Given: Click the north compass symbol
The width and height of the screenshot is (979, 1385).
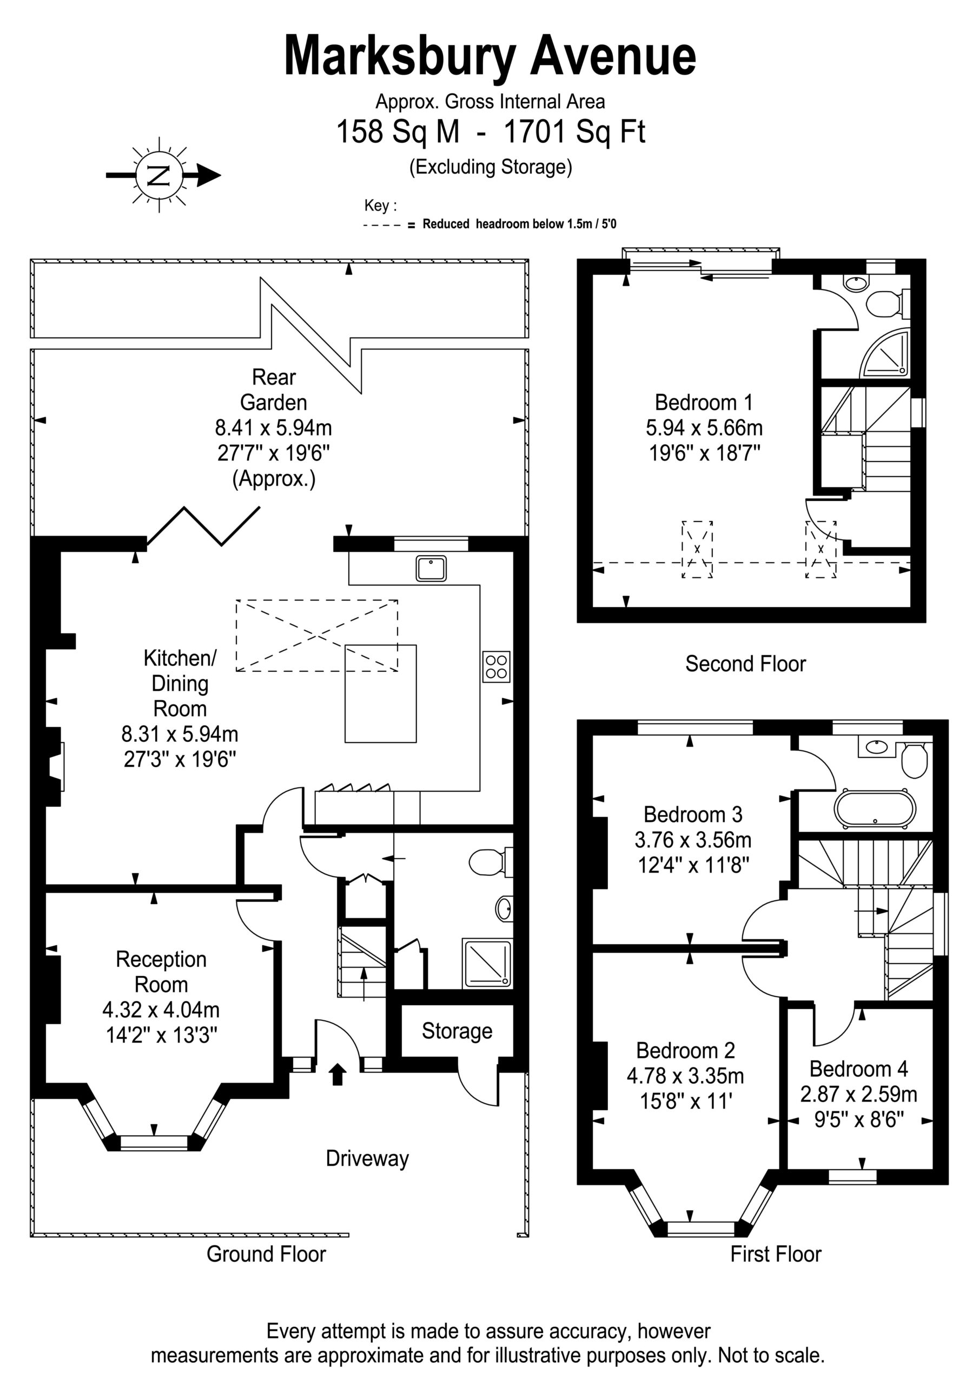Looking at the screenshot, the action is coord(161,175).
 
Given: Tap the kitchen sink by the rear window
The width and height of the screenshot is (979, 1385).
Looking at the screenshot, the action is coord(431,568).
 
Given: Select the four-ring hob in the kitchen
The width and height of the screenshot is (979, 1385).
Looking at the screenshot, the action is coord(496,667).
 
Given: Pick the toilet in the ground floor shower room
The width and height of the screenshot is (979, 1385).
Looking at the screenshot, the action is coord(490,862).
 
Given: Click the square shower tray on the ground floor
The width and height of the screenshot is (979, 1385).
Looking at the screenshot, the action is coord(487,964).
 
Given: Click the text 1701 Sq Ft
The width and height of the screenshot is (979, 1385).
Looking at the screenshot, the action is coord(574,131).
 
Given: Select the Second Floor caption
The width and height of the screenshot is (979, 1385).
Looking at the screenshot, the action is coord(745,663).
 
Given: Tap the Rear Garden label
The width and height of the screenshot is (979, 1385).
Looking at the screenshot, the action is coord(274,390).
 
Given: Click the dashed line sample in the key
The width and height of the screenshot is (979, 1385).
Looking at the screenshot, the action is coord(382,226).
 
